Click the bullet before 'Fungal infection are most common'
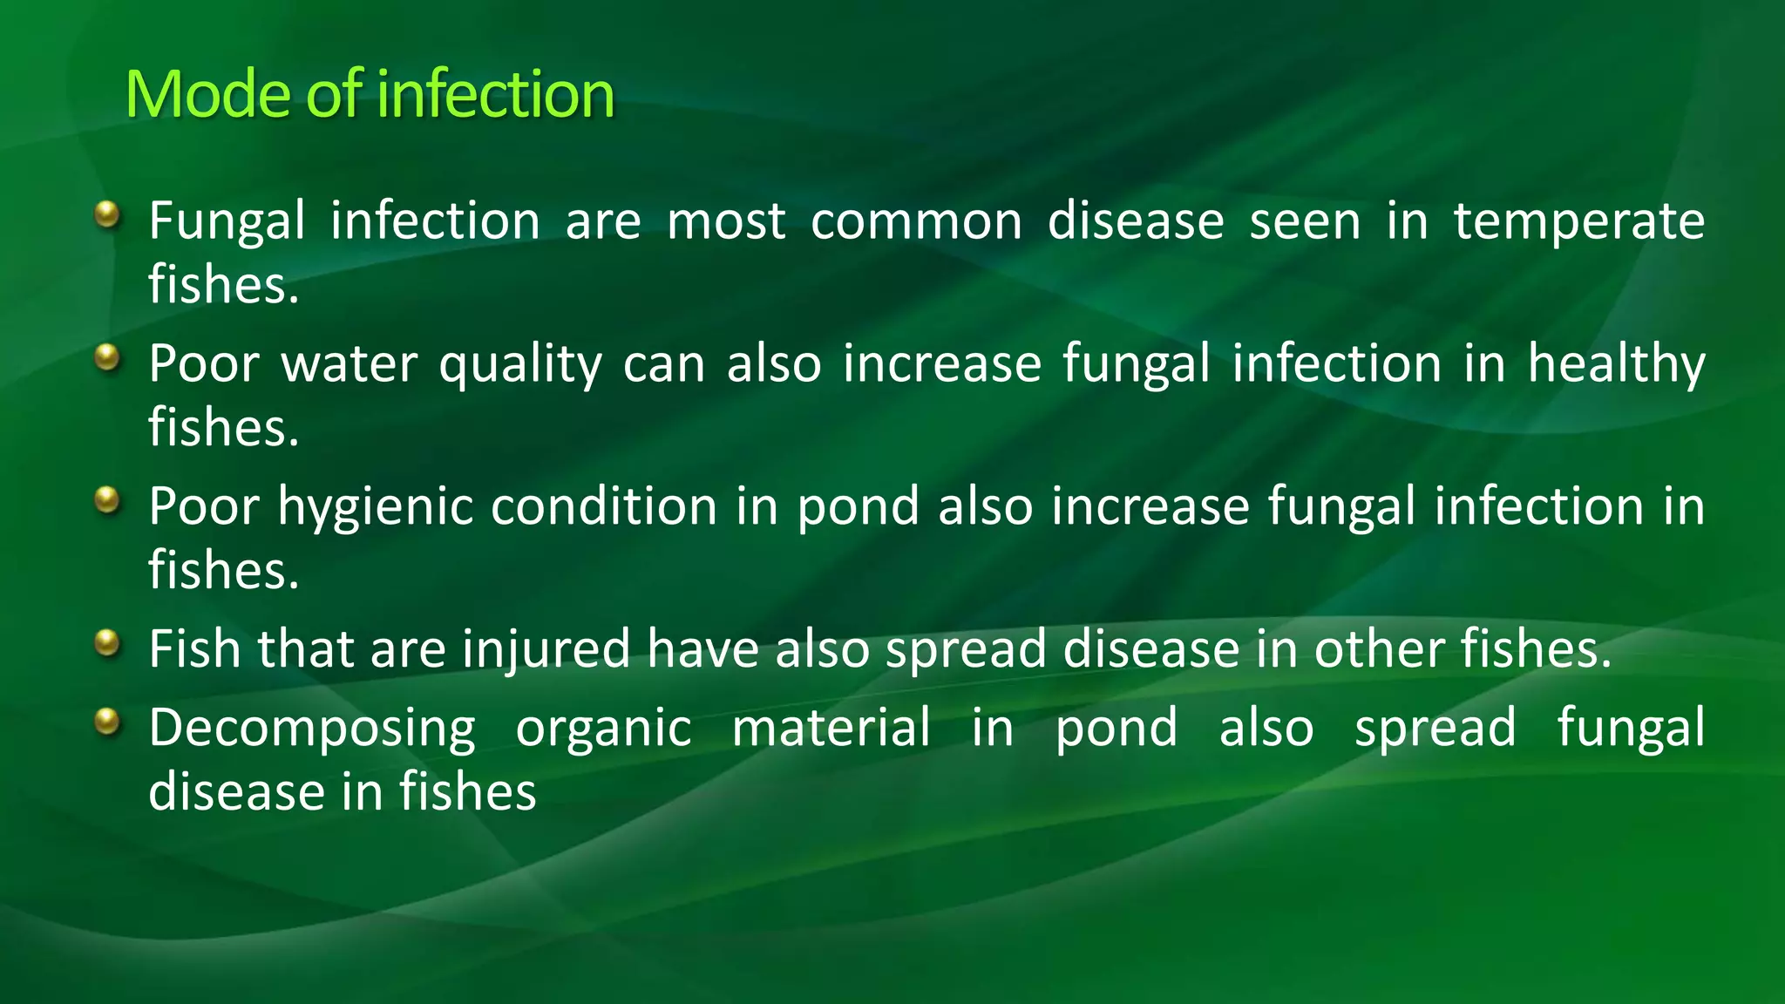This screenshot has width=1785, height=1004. click(106, 214)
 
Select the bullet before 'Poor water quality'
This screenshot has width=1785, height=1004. click(106, 356)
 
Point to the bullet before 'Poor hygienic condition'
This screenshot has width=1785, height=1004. click(106, 499)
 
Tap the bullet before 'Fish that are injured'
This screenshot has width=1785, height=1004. click(106, 643)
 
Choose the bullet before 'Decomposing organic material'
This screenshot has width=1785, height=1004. click(106, 722)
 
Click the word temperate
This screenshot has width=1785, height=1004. click(1578, 221)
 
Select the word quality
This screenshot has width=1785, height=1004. click(519, 365)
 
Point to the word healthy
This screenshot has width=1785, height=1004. click(1616, 364)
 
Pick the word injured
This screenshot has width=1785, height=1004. click(546, 650)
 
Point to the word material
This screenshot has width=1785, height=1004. click(831, 728)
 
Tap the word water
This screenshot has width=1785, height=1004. click(349, 364)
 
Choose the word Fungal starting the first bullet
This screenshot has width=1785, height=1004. click(227, 221)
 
